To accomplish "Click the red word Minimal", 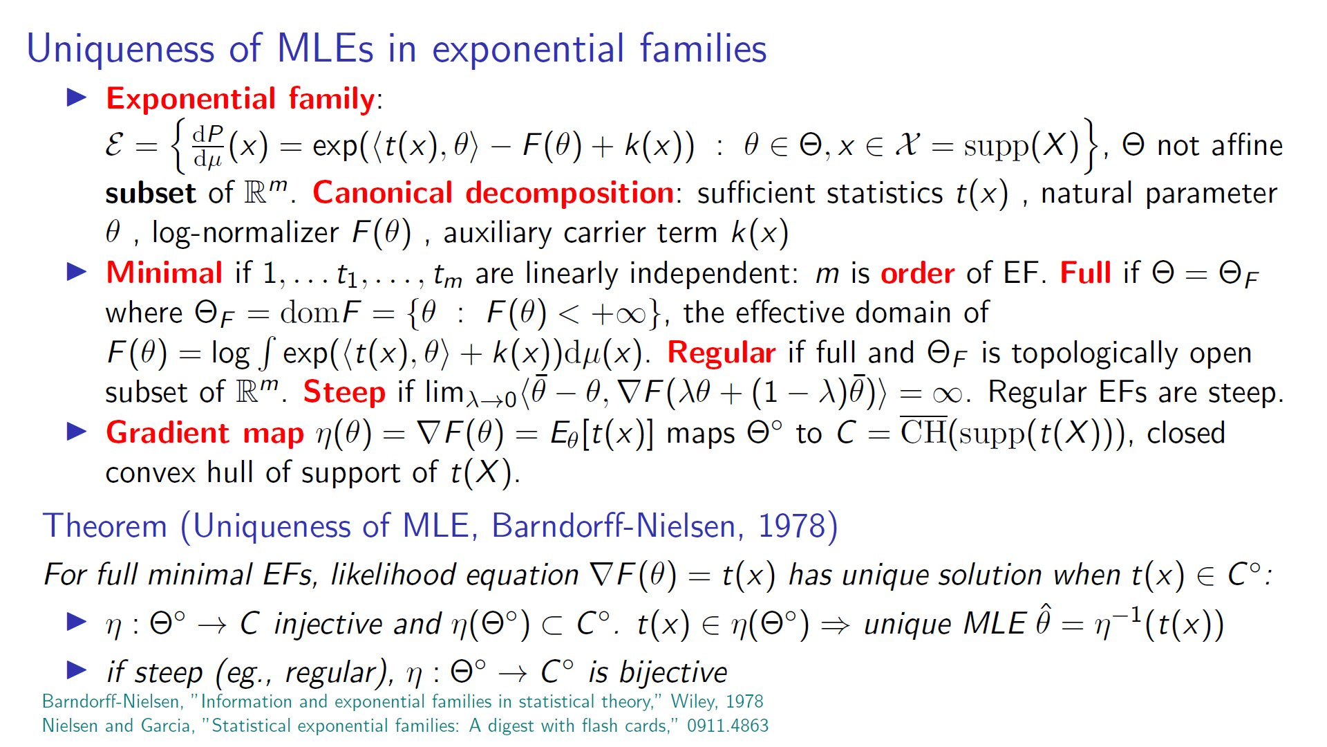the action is point(164,273).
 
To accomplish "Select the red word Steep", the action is point(344,393).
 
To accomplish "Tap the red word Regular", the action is point(721,353).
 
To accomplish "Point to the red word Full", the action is point(1085,273).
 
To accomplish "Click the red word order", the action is point(918,274).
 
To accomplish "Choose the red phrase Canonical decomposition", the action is point(493,193).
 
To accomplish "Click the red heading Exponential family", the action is point(241,100).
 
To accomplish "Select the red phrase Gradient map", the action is point(205,434).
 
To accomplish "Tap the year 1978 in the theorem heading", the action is point(791,526).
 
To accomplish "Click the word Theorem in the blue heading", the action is point(105,526).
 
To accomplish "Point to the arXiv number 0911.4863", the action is point(728,726).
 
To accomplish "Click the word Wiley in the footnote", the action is point(692,702).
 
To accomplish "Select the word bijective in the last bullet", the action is point(673,672).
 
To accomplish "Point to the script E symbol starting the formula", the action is point(115,145).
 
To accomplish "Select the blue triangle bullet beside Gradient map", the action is point(77,432).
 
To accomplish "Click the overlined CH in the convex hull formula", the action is point(923,432).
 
